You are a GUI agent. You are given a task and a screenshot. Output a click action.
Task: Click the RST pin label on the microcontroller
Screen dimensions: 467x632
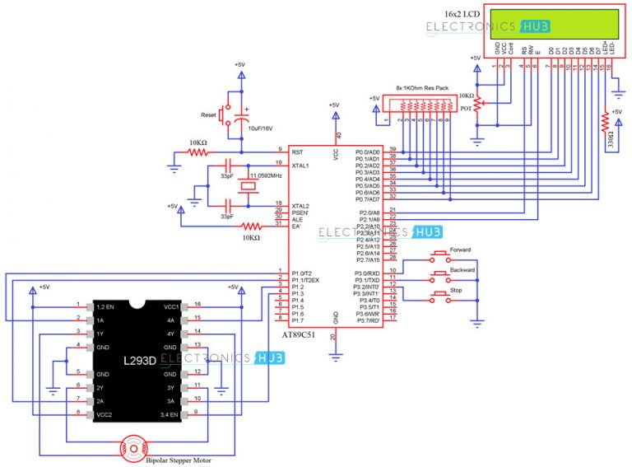click(298, 152)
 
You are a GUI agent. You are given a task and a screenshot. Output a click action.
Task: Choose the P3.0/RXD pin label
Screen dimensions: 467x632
click(367, 273)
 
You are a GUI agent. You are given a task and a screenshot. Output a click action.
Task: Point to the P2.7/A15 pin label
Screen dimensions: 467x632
click(367, 259)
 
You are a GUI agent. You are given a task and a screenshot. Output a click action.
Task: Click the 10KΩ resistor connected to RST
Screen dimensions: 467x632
click(200, 152)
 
